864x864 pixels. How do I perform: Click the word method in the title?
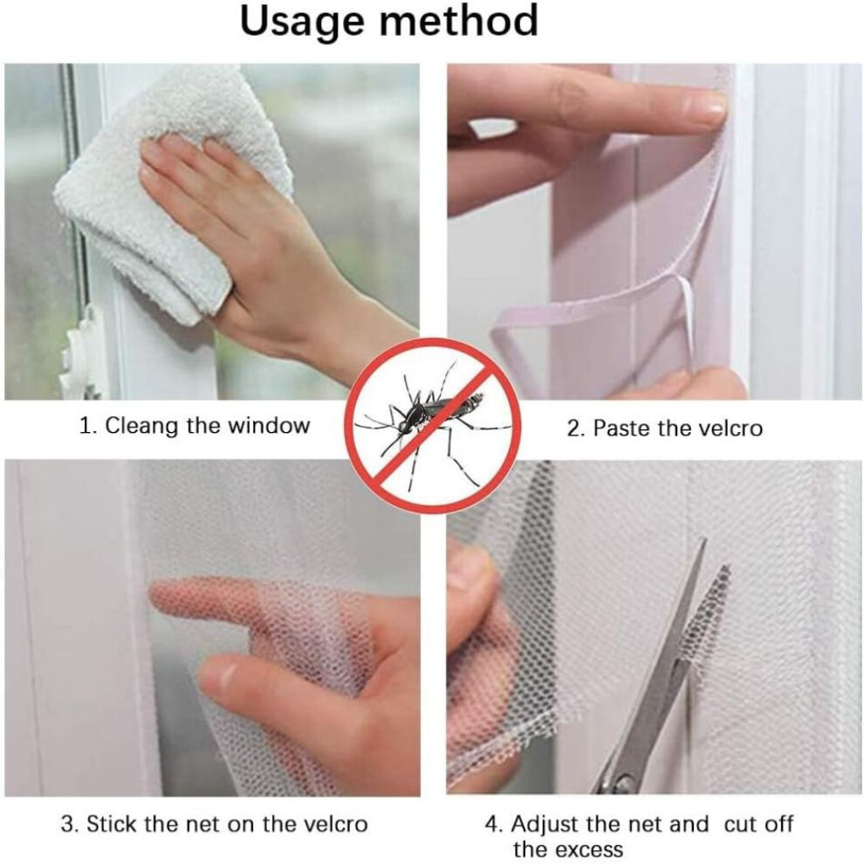click(x=459, y=20)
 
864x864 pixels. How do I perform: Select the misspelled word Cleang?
click(x=142, y=427)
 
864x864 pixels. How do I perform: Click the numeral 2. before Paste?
click(x=576, y=429)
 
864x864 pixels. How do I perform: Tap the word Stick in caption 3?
click(x=113, y=824)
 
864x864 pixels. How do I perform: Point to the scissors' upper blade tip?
click(x=703, y=541)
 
